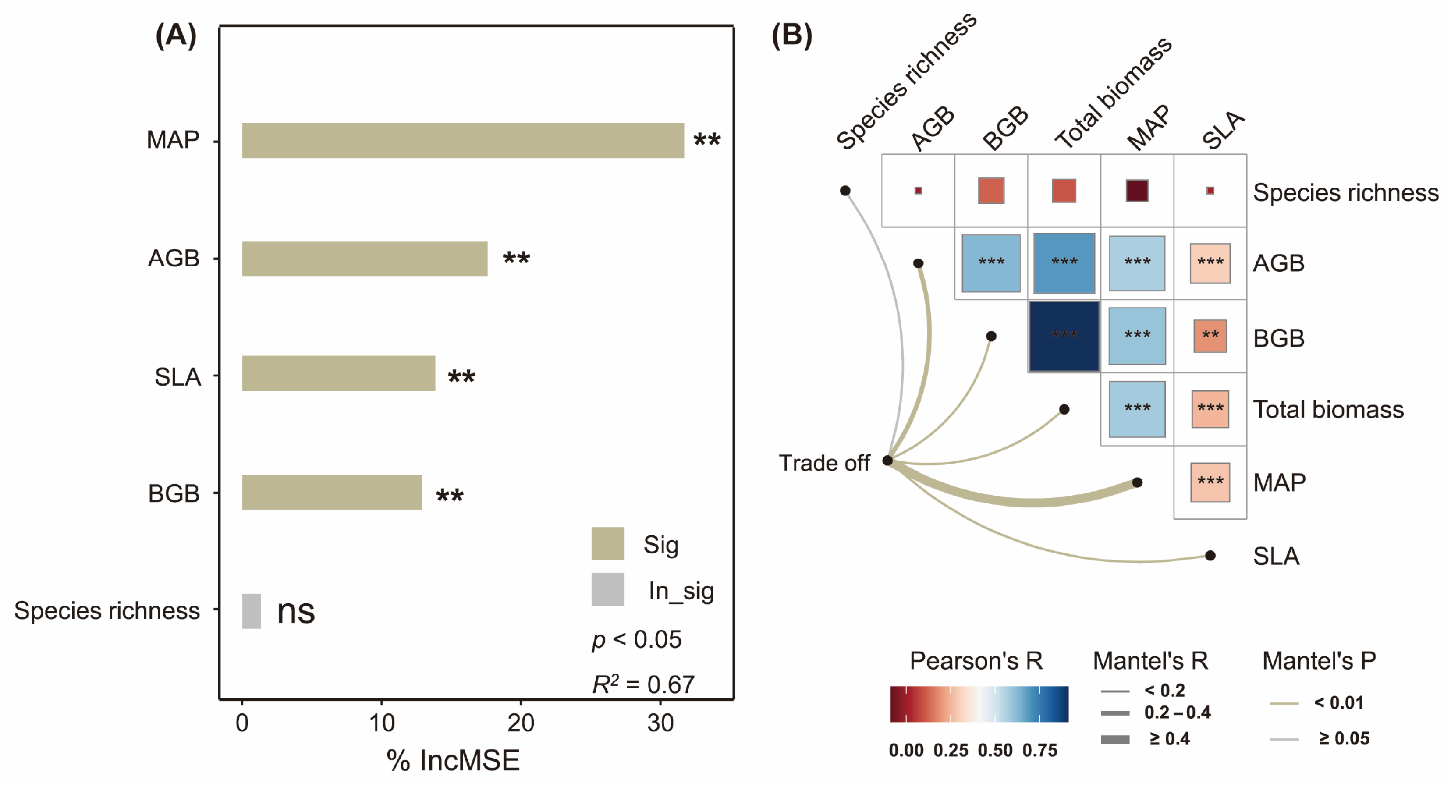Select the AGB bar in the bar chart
click(x=365, y=259)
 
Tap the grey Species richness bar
click(x=251, y=611)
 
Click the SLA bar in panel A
click(x=338, y=373)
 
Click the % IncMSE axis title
click(x=453, y=761)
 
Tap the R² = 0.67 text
click(x=643, y=684)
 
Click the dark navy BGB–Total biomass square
click(x=1064, y=337)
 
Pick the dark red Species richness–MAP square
click(x=1137, y=191)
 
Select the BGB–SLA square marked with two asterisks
click(x=1210, y=337)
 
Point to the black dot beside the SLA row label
click(x=1210, y=556)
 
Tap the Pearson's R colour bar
click(x=979, y=704)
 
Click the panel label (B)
click(x=791, y=35)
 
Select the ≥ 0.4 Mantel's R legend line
click(x=1115, y=739)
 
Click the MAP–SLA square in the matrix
click(x=1210, y=482)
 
